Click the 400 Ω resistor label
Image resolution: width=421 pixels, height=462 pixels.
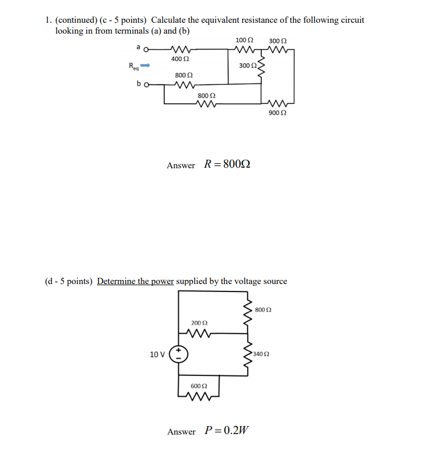(180, 59)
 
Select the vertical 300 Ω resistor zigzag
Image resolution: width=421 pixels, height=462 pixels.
(261, 66)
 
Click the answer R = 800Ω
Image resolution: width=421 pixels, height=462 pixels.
(227, 165)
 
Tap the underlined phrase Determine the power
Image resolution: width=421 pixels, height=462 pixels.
(135, 281)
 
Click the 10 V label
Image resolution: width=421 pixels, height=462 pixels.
(157, 354)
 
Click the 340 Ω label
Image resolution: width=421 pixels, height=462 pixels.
(260, 354)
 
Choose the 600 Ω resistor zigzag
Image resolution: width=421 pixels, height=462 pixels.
(199, 396)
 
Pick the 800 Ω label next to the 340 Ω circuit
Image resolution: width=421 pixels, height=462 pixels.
(264, 310)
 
